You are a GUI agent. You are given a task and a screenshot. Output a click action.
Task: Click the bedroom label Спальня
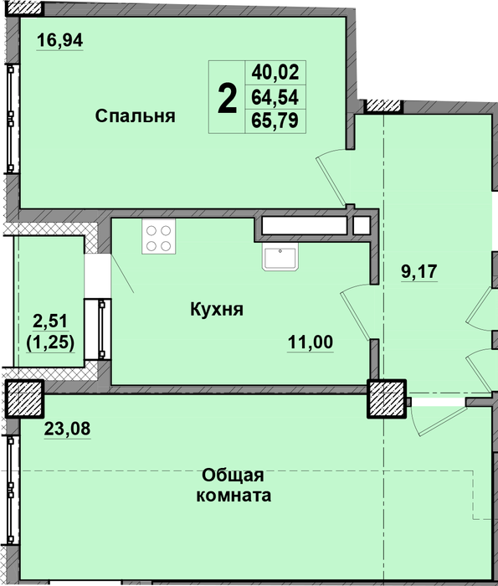click(x=135, y=116)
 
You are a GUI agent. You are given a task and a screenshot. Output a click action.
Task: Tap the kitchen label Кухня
click(x=217, y=310)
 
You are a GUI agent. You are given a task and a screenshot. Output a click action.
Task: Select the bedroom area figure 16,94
click(x=59, y=40)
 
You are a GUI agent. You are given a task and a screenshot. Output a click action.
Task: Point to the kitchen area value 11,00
click(x=310, y=342)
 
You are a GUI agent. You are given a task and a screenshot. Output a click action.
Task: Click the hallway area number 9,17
click(x=418, y=271)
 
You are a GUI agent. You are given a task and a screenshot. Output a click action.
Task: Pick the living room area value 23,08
click(x=67, y=429)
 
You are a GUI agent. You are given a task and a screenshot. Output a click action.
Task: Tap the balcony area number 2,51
click(x=50, y=321)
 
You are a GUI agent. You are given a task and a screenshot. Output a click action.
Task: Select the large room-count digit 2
click(x=227, y=98)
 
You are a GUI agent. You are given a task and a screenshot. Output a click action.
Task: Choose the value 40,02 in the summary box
click(x=275, y=72)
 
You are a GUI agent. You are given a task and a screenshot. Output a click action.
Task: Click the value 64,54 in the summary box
click(x=275, y=98)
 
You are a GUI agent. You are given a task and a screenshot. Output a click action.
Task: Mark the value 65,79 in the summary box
click(x=275, y=121)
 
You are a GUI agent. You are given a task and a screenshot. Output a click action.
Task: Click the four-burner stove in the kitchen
click(x=159, y=237)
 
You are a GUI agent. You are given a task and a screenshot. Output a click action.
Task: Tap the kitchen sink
click(x=280, y=257)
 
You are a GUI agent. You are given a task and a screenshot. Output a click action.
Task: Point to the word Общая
click(x=234, y=475)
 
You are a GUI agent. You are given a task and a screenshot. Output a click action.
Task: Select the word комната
click(x=234, y=496)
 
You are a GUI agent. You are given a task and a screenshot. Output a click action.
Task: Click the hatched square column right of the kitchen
click(x=387, y=398)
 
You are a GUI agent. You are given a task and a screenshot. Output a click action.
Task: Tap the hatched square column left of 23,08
click(x=24, y=398)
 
